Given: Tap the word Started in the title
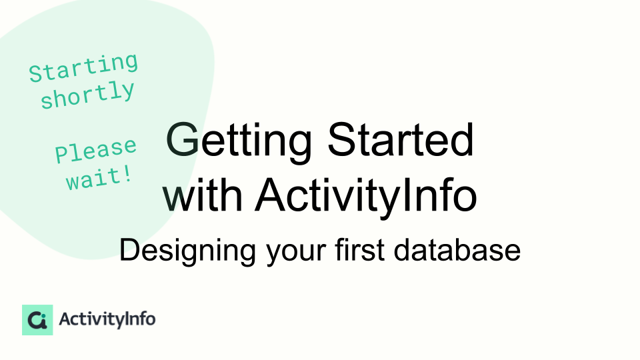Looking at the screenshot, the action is pyautogui.click(x=401, y=139).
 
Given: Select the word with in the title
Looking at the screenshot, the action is pyautogui.click(x=203, y=195).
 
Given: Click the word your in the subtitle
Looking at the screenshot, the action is pyautogui.click(x=296, y=253).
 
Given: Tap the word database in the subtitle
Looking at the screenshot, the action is pyautogui.click(x=457, y=249).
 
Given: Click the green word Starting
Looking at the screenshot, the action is pyautogui.click(x=84, y=68).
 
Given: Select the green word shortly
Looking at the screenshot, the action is pyautogui.click(x=87, y=95).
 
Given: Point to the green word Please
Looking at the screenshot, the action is pyautogui.click(x=96, y=150).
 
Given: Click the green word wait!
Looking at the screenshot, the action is pyautogui.click(x=99, y=178).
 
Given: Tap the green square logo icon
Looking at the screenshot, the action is pyautogui.click(x=37, y=319).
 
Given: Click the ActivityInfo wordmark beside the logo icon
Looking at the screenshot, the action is pyautogui.click(x=107, y=319).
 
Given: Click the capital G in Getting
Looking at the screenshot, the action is pyautogui.click(x=183, y=139).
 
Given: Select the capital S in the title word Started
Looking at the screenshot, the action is pyautogui.click(x=343, y=139).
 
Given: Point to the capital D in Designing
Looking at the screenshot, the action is pyautogui.click(x=131, y=249).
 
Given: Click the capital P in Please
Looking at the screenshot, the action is pyautogui.click(x=63, y=154).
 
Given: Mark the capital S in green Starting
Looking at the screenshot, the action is pyautogui.click(x=36, y=74).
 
